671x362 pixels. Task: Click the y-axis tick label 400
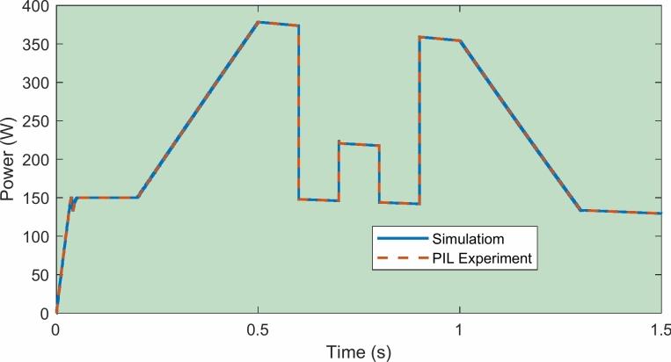35,6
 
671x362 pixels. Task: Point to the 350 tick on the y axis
35,44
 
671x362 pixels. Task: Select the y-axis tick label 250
35,121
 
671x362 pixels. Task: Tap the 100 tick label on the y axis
35,236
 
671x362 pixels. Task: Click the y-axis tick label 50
39,275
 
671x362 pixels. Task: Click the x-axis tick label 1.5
660,329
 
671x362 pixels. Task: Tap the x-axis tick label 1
459,329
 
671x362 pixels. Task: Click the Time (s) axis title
358,349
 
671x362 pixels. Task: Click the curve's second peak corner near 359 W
420,37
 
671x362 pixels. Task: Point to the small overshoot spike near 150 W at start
71,198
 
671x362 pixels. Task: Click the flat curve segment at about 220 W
359,144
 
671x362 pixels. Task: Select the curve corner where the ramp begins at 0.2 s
137,198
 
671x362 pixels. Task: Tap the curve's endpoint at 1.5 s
660,214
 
